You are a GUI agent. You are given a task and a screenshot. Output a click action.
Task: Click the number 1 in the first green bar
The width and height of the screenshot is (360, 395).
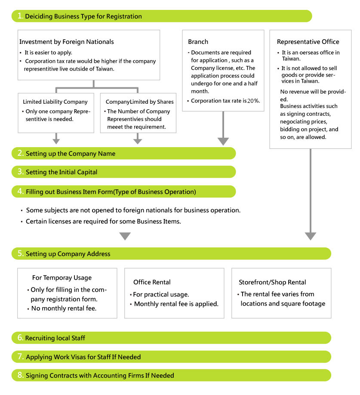click(20, 16)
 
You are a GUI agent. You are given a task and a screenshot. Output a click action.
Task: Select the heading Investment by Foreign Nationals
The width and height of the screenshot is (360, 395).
click(67, 42)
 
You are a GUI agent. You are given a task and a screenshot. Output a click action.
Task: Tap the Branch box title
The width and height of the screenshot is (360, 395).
click(198, 42)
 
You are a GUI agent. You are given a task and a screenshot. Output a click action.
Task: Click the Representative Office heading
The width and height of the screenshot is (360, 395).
click(308, 42)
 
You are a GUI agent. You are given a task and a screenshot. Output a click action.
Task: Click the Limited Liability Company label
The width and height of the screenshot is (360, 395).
click(55, 102)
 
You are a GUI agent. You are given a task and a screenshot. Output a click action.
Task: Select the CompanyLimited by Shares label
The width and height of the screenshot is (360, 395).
click(140, 102)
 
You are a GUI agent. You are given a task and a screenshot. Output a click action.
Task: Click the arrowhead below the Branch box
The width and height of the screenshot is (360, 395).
click(223, 141)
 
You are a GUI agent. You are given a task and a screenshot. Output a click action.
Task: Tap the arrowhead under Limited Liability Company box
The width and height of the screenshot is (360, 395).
click(56, 141)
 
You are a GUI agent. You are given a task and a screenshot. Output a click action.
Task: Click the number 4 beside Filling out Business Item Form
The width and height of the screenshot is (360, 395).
click(20, 191)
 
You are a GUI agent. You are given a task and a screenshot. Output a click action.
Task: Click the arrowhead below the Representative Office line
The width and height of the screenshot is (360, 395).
click(311, 236)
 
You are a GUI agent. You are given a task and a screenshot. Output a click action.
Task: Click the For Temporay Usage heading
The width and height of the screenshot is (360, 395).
click(62, 278)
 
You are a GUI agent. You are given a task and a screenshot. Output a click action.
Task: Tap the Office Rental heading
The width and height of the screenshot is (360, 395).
click(152, 282)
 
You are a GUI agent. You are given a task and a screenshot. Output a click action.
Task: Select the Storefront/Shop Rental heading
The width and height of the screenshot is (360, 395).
click(272, 282)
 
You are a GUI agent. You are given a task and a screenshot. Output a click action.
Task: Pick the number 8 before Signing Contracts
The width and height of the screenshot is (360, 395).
click(20, 375)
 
